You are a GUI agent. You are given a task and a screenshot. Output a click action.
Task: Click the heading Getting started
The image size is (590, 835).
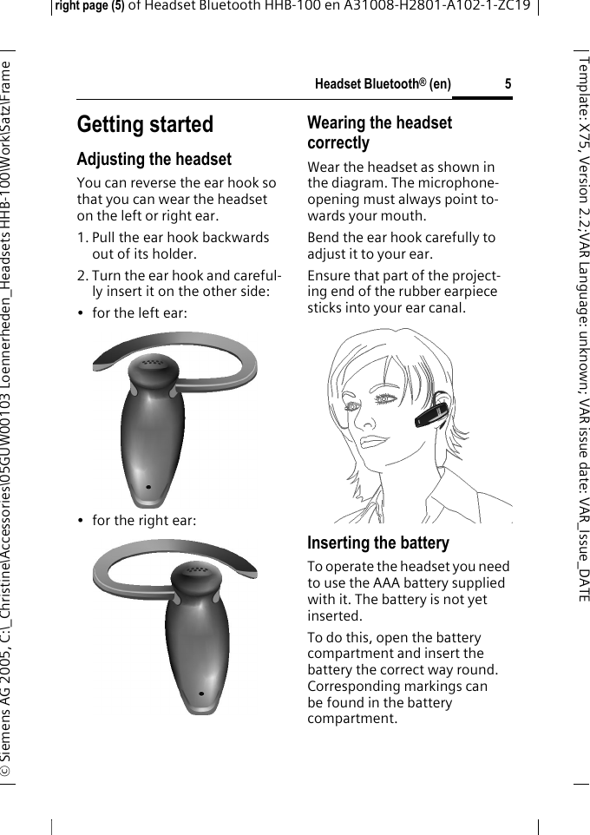pos(145,125)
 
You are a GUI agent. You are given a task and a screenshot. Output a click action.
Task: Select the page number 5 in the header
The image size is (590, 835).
pos(508,84)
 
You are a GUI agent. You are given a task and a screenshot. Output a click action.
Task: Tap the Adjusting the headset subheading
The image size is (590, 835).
pos(154,160)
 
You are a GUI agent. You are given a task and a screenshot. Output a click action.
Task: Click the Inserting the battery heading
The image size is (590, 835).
pos(378,543)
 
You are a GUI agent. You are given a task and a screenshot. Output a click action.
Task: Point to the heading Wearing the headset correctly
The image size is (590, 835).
pos(379,133)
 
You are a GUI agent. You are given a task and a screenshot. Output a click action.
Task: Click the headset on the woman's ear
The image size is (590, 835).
pos(432,414)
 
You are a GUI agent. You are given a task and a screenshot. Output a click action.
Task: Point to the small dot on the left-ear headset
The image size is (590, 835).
pos(149,487)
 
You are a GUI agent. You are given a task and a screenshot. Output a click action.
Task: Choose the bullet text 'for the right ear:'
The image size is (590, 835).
pos(144,521)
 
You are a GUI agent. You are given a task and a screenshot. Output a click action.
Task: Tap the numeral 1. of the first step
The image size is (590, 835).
pos(82,238)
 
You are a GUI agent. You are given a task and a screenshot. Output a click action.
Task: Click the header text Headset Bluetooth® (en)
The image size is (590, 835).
pos(383,84)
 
